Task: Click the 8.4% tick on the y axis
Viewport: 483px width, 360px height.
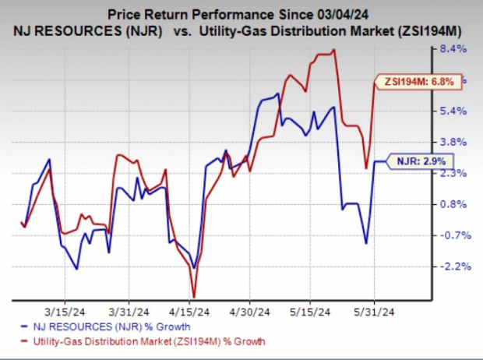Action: pyautogui.click(x=453, y=49)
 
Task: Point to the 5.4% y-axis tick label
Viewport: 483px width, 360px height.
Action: pyautogui.click(x=453, y=111)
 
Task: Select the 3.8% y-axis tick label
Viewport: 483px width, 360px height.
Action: pyautogui.click(x=453, y=142)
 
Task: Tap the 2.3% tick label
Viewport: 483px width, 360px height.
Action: pyautogui.click(x=453, y=173)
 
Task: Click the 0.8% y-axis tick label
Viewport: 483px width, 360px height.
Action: pyautogui.click(x=453, y=204)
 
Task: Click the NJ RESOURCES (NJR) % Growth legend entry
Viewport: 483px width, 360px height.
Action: pyautogui.click(x=111, y=326)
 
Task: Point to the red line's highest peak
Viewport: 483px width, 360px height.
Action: pyautogui.click(x=334, y=51)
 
